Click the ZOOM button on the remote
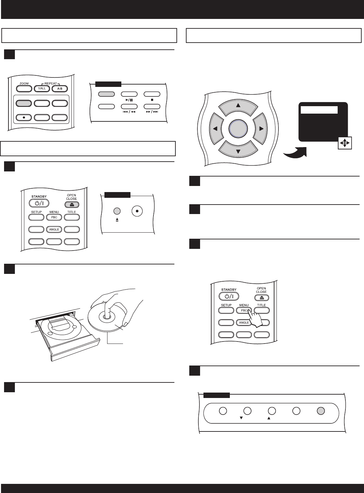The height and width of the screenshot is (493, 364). click(x=24, y=89)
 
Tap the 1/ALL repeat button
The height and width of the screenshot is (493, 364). click(x=42, y=89)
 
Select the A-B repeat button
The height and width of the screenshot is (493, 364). click(x=59, y=89)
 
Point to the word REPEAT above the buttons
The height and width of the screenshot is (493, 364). click(x=51, y=83)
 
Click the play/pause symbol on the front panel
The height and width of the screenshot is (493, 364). click(x=129, y=100)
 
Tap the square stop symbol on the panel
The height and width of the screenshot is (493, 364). click(x=152, y=100)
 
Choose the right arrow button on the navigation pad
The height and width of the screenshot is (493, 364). click(x=261, y=129)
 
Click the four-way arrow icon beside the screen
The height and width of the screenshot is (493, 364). click(x=344, y=143)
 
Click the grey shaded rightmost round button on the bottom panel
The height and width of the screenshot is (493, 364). click(x=321, y=411)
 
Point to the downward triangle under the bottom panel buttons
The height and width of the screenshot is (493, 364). click(x=241, y=418)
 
